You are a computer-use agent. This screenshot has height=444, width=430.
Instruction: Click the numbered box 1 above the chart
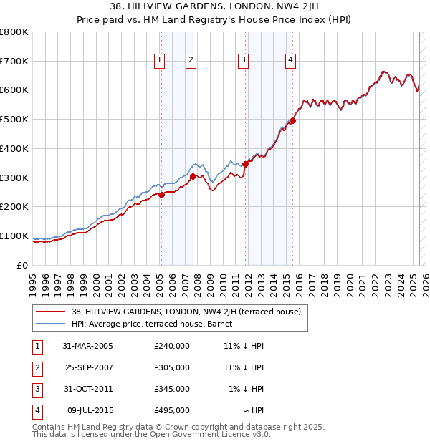158,60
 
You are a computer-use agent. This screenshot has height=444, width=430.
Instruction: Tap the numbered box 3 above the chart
244,60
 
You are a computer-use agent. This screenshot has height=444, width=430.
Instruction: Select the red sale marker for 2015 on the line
292,120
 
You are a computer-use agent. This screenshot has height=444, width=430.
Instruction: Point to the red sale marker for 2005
161,194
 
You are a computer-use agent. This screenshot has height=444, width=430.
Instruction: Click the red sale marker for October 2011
245,164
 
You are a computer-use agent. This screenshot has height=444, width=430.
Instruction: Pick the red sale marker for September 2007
193,175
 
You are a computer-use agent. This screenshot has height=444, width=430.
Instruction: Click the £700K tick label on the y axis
14,61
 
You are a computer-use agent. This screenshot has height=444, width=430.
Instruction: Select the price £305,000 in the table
171,367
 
